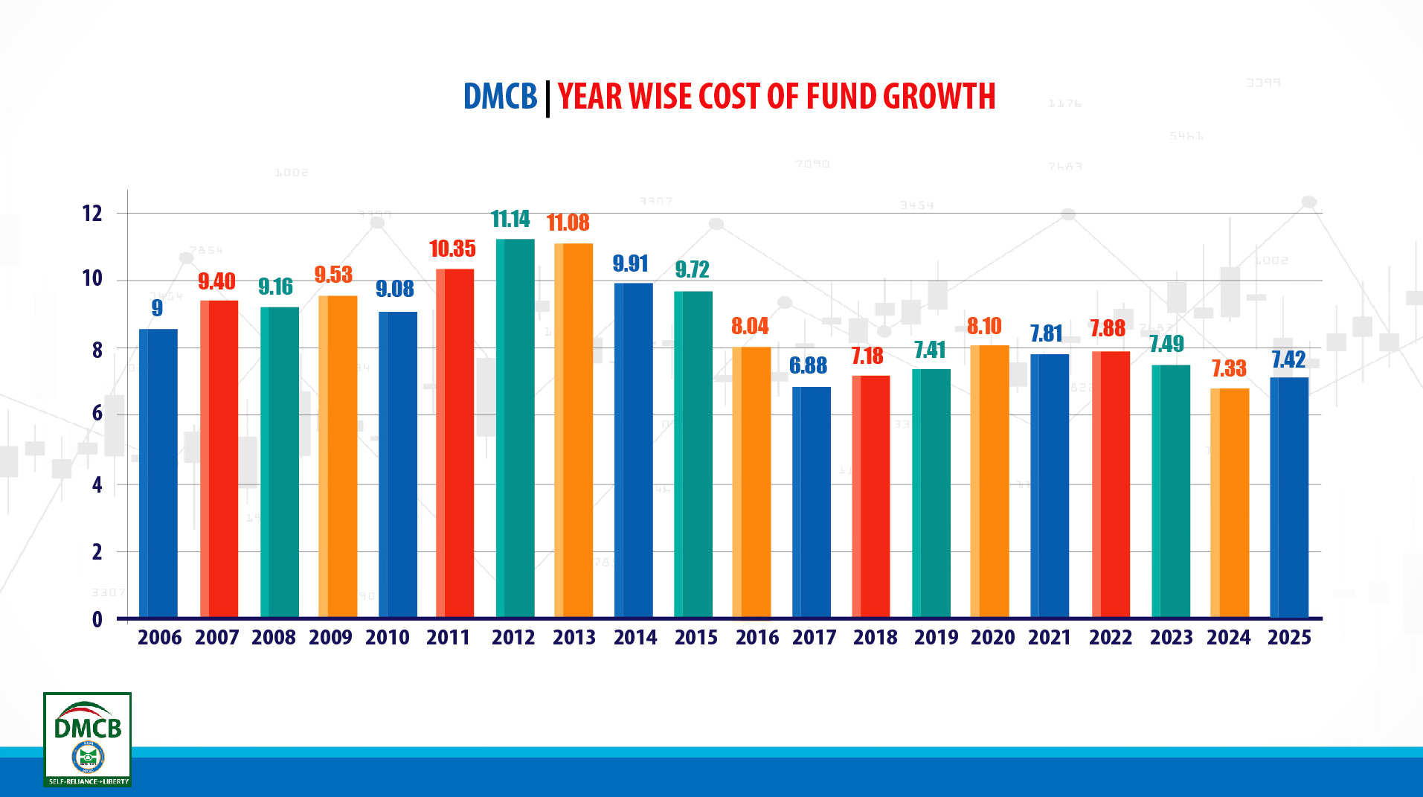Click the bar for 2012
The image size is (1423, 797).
515,428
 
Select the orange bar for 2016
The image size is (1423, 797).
751,482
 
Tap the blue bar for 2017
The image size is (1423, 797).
811,502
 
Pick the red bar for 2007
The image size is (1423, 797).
219,458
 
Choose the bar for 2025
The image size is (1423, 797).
1289,497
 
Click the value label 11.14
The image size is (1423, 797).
510,219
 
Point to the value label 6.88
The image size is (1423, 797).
808,365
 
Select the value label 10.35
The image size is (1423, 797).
452,249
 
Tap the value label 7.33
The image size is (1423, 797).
1229,368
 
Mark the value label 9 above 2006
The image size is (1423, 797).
157,308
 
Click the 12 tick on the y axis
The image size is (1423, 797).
92,214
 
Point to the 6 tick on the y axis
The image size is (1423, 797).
97,414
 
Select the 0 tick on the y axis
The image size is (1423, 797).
97,619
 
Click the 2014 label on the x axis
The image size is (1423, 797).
635,638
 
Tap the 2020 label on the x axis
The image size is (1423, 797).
992,638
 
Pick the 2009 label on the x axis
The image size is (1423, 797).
330,638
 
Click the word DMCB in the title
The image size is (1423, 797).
500,97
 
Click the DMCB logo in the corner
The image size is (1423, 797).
88,739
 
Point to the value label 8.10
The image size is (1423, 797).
984,326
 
